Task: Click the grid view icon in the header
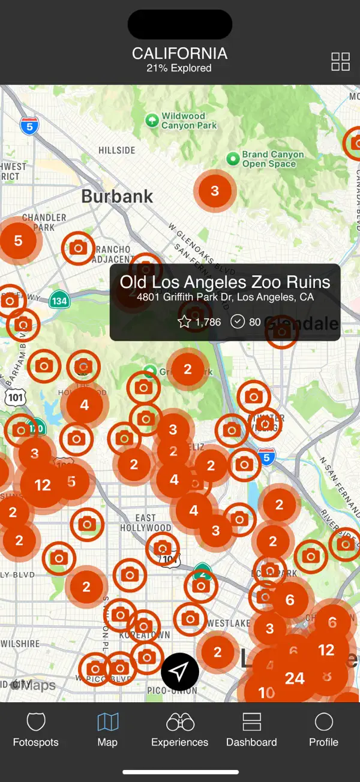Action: tap(340, 61)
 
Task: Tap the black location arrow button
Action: tap(180, 672)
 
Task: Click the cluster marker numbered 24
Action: tap(295, 678)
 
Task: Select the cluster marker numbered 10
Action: tap(266, 693)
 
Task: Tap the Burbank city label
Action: tap(117, 196)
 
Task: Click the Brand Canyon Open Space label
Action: tap(272, 159)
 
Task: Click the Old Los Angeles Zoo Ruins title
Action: tap(225, 282)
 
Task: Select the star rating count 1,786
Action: tap(200, 322)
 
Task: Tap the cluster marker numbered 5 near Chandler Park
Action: tap(18, 240)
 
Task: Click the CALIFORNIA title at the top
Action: tap(179, 53)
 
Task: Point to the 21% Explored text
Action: tap(179, 68)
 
